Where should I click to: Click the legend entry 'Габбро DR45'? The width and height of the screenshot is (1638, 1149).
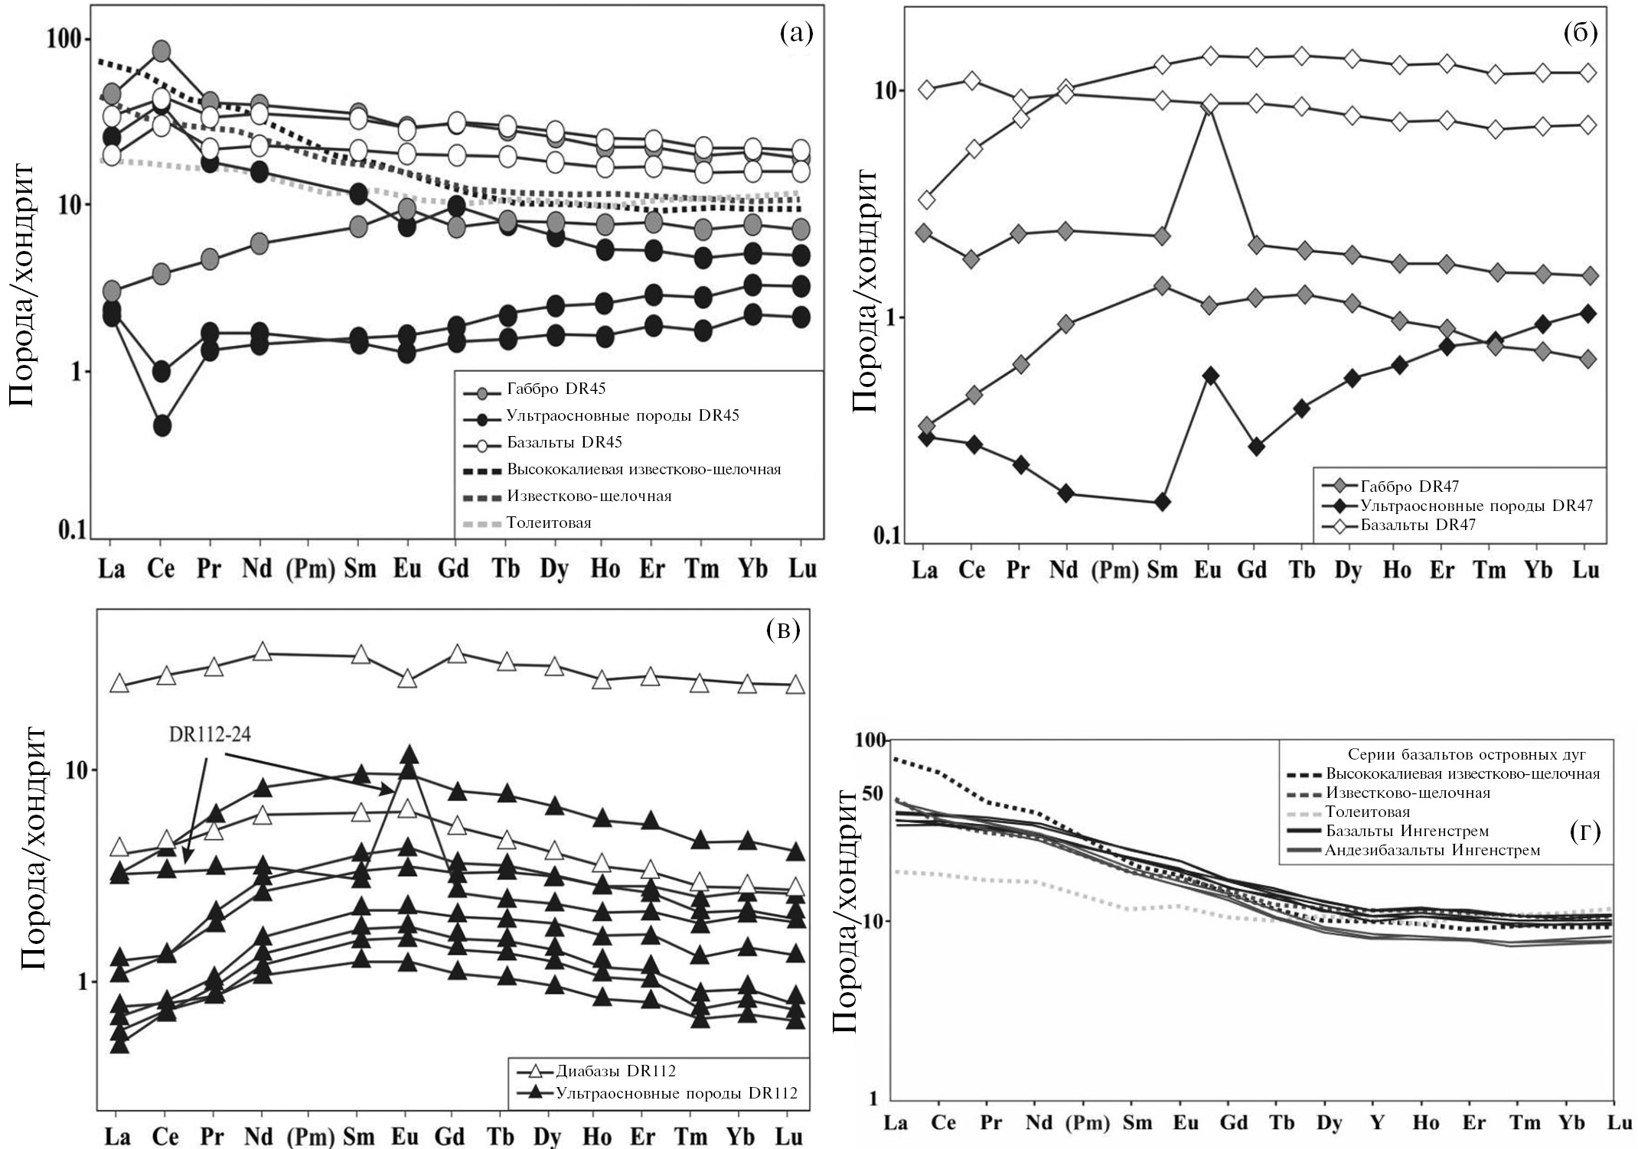point(556,389)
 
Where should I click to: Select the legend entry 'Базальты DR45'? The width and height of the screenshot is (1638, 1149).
point(564,443)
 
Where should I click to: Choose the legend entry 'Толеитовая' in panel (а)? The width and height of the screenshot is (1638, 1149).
point(549,523)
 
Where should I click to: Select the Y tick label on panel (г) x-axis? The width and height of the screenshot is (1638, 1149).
point(1377,1123)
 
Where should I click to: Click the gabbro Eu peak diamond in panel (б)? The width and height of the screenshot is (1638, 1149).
point(1210,104)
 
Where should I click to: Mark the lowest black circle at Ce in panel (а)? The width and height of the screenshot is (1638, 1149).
point(162,426)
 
